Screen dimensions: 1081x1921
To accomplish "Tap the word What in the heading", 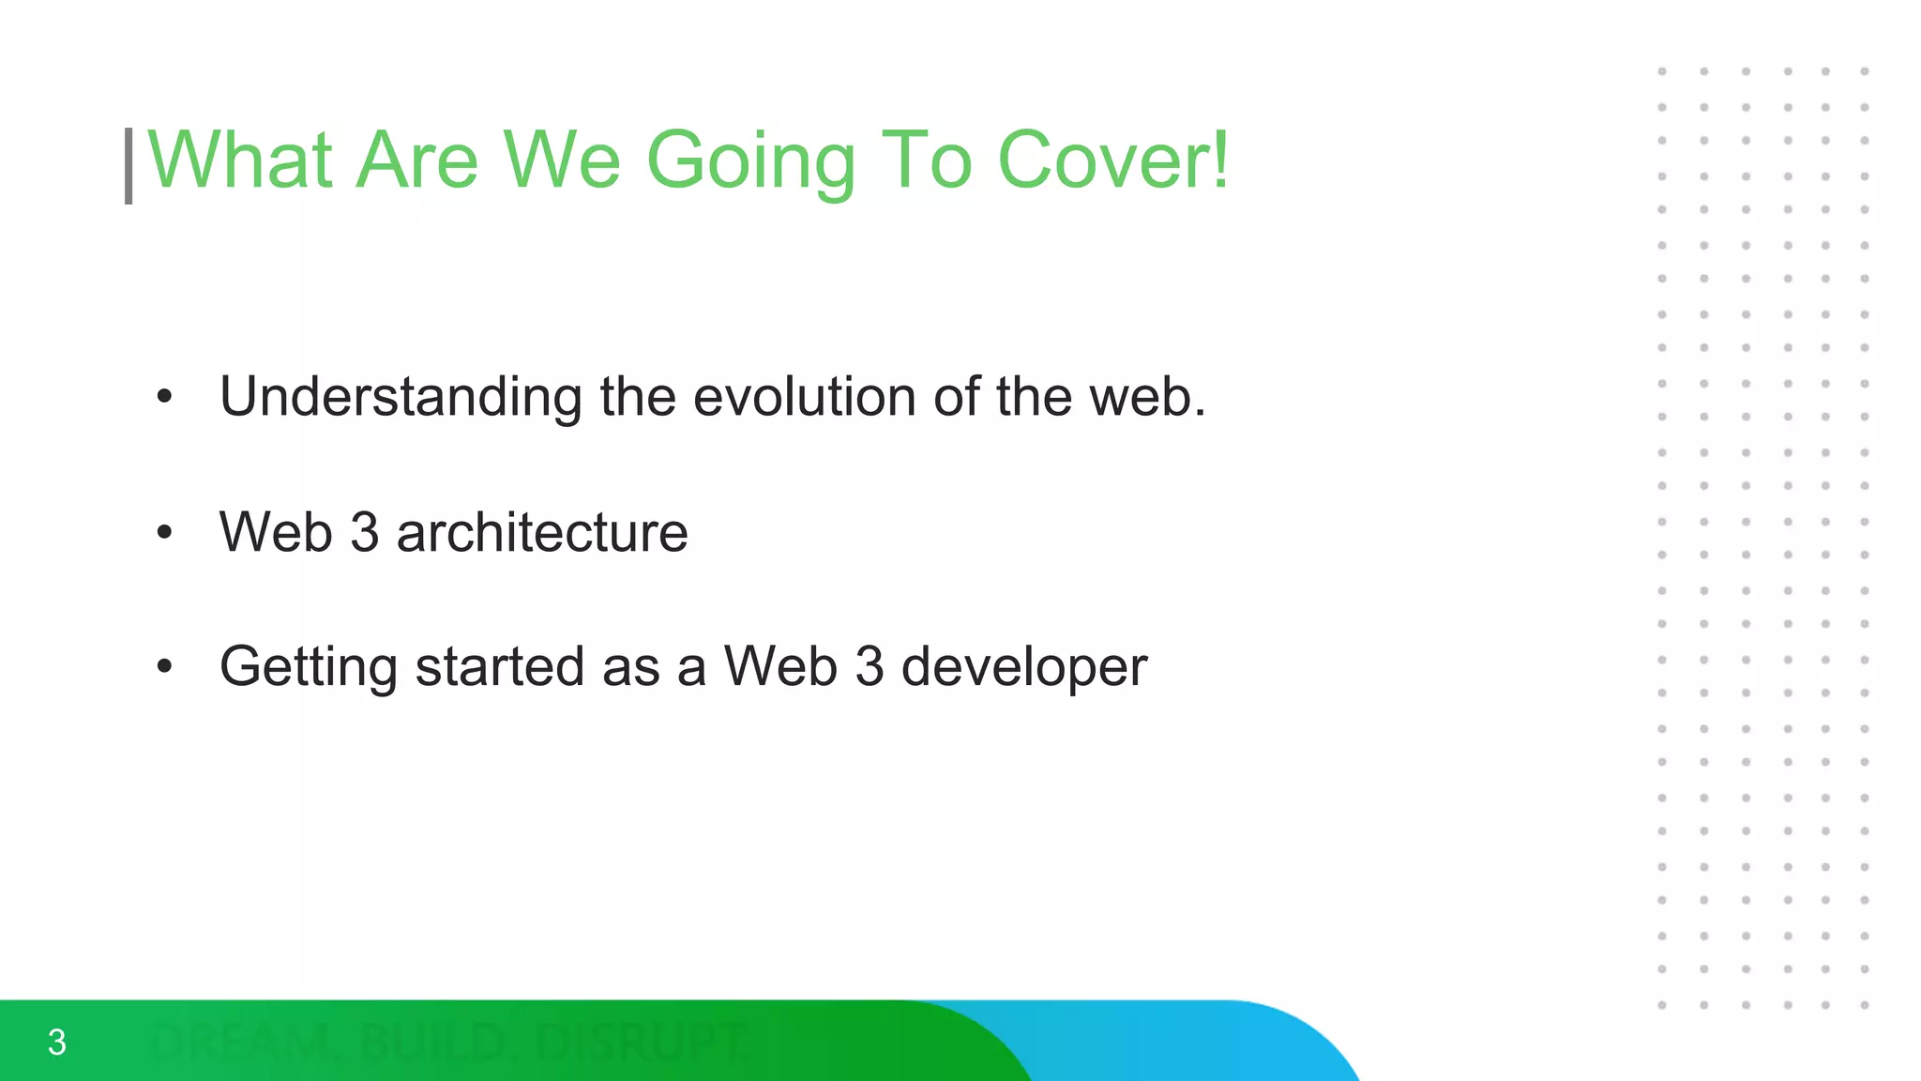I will pyautogui.click(x=240, y=160).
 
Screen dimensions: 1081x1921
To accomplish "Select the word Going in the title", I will pyautogui.click(x=750, y=162).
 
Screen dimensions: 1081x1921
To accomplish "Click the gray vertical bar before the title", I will pyautogui.click(x=129, y=166).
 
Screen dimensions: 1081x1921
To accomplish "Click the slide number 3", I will pyautogui.click(x=56, y=1043).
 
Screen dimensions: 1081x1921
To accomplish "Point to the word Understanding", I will pyautogui.click(x=401, y=398).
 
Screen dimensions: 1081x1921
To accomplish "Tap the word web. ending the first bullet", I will pyautogui.click(x=1146, y=396).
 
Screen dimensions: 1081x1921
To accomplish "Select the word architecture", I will pyautogui.click(x=542, y=532).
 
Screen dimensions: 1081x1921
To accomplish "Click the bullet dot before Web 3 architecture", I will pyautogui.click(x=165, y=533).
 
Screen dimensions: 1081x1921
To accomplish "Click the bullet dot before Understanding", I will pyautogui.click(x=165, y=398).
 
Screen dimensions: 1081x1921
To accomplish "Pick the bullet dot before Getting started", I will pyautogui.click(x=165, y=667).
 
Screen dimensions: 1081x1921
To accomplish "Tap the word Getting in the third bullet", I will pyautogui.click(x=309, y=668).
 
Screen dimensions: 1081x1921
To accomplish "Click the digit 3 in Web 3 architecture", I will pyautogui.click(x=364, y=532).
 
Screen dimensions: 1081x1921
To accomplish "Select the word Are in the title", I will pyautogui.click(x=417, y=160).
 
